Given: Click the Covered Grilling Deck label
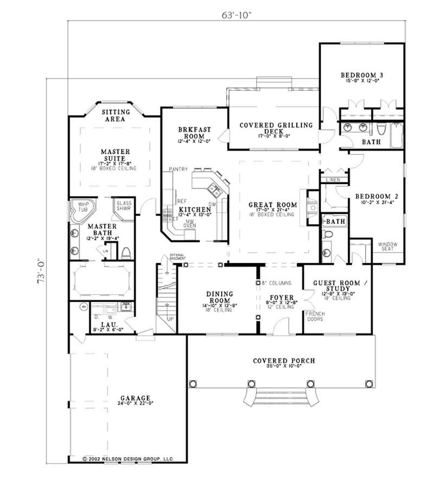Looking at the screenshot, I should pyautogui.click(x=277, y=128).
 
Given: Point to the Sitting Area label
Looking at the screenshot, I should pyautogui.click(x=114, y=115).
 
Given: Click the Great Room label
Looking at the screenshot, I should pyautogui.click(x=272, y=205).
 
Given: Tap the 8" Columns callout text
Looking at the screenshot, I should pyautogui.click(x=277, y=283).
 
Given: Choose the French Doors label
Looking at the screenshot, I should pyautogui.click(x=316, y=317).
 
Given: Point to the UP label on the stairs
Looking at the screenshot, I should pyautogui.click(x=170, y=319).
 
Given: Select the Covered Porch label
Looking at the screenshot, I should pyautogui.click(x=284, y=361).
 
